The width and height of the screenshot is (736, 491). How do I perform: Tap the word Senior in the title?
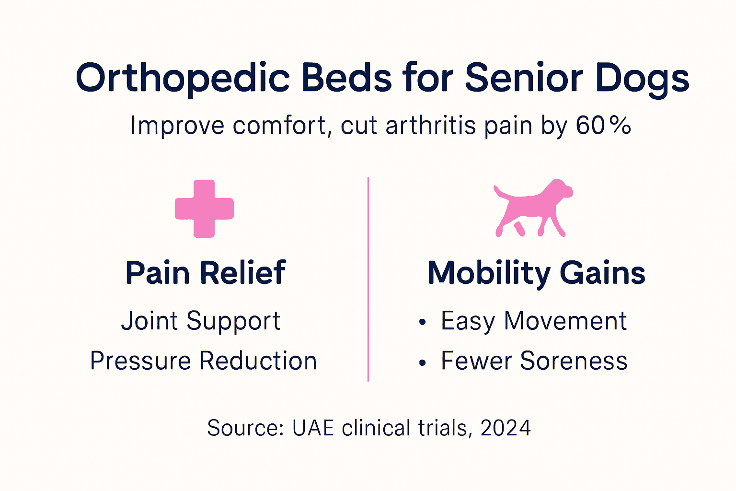click(x=524, y=78)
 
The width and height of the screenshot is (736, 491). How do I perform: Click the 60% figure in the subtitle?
click(x=603, y=126)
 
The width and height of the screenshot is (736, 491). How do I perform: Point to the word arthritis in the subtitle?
click(x=431, y=126)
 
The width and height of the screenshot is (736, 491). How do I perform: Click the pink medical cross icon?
click(x=204, y=209)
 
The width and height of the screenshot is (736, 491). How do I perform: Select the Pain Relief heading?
click(x=206, y=273)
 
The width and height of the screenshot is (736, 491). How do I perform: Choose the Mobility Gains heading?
click(x=536, y=273)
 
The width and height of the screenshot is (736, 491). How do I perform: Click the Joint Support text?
click(x=201, y=321)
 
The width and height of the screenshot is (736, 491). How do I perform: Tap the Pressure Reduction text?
click(x=204, y=361)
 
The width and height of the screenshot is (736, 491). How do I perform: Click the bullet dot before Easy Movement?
click(x=422, y=322)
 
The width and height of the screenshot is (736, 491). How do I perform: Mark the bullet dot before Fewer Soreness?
click(x=422, y=362)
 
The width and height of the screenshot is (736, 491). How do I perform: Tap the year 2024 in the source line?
click(x=506, y=428)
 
